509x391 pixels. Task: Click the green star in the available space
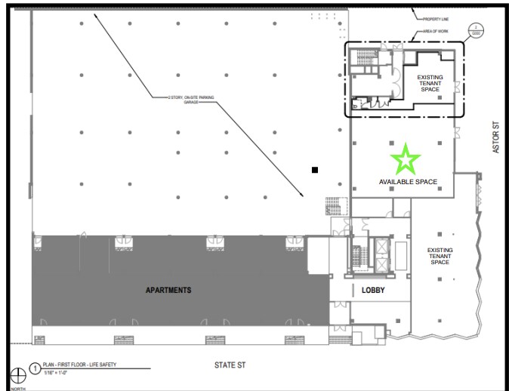[406, 159]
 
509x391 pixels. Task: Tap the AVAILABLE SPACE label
[409, 182]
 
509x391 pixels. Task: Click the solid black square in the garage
[315, 170]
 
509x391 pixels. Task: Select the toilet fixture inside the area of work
[356, 108]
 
